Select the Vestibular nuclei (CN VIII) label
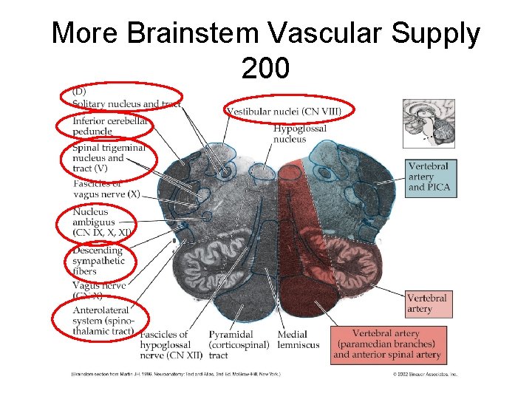click(284, 112)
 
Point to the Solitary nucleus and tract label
click(126, 104)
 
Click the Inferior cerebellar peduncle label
click(109, 126)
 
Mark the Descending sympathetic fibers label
click(97, 260)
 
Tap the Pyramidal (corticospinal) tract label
click(238, 345)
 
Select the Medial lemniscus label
click(299, 340)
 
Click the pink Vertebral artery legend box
click(428, 304)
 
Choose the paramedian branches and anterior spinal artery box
click(387, 344)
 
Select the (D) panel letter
click(79, 92)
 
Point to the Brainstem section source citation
click(175, 374)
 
